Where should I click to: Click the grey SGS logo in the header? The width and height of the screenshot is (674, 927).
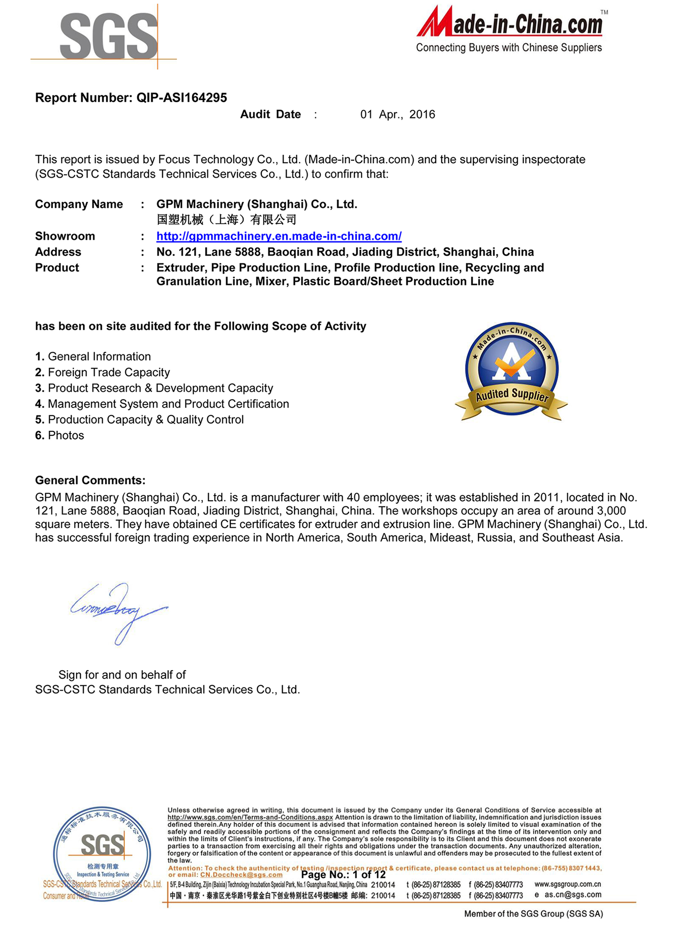tap(108, 36)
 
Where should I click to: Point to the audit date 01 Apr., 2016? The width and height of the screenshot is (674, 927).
tap(397, 115)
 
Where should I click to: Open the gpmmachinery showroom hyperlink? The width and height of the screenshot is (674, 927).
tap(279, 236)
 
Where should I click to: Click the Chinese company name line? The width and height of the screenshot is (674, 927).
tap(226, 220)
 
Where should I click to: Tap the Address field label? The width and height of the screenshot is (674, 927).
tap(58, 252)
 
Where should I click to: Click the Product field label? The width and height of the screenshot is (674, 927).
tap(57, 268)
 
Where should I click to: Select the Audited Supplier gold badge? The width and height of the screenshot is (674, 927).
tap(511, 371)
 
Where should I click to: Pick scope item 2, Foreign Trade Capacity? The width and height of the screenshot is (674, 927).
tap(103, 372)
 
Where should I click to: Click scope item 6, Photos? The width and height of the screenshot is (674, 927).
tap(60, 435)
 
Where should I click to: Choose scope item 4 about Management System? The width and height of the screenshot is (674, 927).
tap(162, 404)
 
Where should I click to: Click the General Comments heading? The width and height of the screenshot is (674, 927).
tap(90, 480)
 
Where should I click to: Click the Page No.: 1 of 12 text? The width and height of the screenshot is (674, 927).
tap(343, 874)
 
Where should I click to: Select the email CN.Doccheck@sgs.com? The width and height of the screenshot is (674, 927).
tap(241, 875)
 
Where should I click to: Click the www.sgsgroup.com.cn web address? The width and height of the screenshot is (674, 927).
tap(567, 884)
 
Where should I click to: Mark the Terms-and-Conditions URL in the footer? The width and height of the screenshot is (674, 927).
tap(250, 817)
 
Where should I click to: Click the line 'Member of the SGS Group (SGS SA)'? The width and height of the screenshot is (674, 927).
tap(533, 914)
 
